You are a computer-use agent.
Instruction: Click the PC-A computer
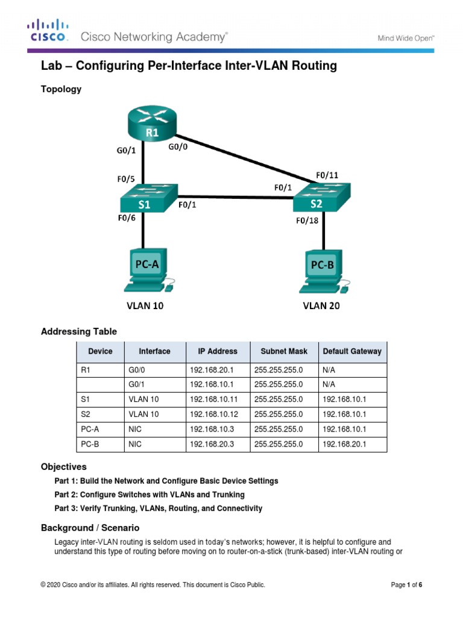(x=146, y=271)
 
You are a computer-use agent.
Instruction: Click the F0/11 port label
(x=327, y=175)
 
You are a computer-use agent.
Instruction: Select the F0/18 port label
(x=306, y=221)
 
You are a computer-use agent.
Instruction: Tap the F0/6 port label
(x=127, y=219)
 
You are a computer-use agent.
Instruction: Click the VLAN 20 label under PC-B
(x=321, y=305)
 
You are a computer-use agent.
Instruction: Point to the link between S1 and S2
(x=235, y=196)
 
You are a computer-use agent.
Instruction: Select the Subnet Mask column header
(x=284, y=351)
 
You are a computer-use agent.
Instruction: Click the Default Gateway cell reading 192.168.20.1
(x=344, y=445)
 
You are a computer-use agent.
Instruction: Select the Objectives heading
(x=63, y=467)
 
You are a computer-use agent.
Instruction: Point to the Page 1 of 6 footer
(x=407, y=584)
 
